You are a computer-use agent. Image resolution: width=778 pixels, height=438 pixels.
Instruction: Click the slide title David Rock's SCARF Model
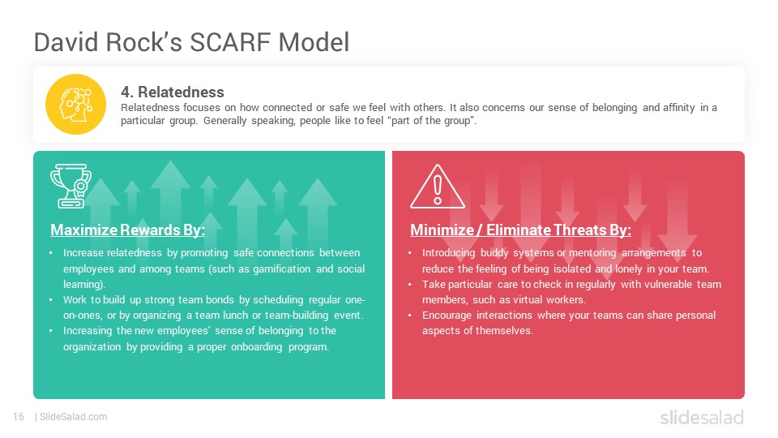pyautogui.click(x=191, y=42)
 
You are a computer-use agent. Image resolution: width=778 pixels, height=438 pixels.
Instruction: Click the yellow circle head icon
pyautogui.click(x=76, y=105)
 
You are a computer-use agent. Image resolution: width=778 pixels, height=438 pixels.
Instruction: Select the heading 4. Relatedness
pyautogui.click(x=172, y=92)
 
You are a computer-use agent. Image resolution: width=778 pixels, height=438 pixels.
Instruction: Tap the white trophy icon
pyautogui.click(x=71, y=186)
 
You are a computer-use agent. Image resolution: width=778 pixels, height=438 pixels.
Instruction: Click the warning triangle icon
pyautogui.click(x=437, y=187)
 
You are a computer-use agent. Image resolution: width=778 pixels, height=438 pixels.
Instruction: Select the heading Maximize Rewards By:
pyautogui.click(x=127, y=230)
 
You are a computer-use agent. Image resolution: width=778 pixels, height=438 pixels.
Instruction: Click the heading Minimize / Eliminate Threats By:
pyautogui.click(x=520, y=230)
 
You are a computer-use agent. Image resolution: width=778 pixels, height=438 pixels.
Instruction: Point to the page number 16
pyautogui.click(x=19, y=417)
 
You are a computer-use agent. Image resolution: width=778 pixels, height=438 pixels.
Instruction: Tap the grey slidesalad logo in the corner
pyautogui.click(x=702, y=417)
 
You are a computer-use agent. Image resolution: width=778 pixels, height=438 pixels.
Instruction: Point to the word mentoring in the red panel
pyautogui.click(x=592, y=253)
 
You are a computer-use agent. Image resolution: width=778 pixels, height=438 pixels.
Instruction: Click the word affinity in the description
pyautogui.click(x=678, y=107)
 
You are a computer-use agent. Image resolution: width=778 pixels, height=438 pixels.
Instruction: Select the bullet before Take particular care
pyautogui.click(x=410, y=285)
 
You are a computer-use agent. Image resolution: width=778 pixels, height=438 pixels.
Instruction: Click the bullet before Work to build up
pyautogui.click(x=50, y=300)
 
